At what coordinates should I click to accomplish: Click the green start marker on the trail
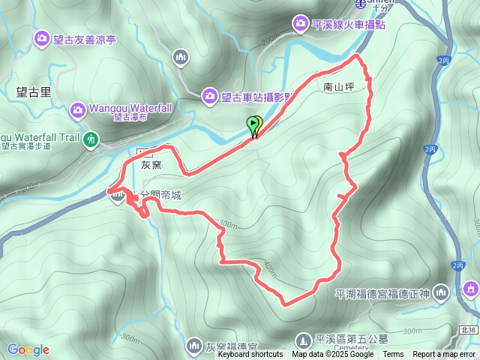pyautogui.click(x=254, y=126)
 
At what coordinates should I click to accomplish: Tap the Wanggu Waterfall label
pyautogui.click(x=122, y=107)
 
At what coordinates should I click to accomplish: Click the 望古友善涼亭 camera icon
pyautogui.click(x=41, y=37)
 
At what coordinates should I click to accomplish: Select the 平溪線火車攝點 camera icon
pyautogui.click(x=301, y=24)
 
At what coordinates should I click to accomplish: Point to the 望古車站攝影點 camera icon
pyautogui.click(x=210, y=95)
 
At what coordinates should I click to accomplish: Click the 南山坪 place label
pyautogui.click(x=338, y=86)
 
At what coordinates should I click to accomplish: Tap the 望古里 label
pyautogui.click(x=33, y=92)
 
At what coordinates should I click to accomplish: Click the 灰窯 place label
pyautogui.click(x=151, y=166)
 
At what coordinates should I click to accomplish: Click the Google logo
pyautogui.click(x=28, y=349)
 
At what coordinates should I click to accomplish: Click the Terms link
pyautogui.click(x=393, y=355)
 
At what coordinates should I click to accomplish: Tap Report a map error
pyautogui.click(x=445, y=355)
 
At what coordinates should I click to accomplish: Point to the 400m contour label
pyautogui.click(x=268, y=268)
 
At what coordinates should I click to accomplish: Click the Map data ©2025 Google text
pyautogui.click(x=332, y=355)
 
